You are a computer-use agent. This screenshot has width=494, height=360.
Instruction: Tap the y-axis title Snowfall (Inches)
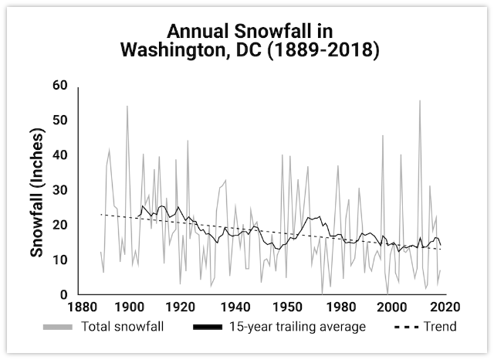pyautogui.click(x=36, y=192)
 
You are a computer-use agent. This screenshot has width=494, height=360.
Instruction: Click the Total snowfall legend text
pyautogui.click(x=122, y=327)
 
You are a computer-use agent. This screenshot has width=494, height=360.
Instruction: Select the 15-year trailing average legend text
pyautogui.click(x=297, y=327)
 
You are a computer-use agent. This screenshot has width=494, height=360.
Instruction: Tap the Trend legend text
pyautogui.click(x=439, y=327)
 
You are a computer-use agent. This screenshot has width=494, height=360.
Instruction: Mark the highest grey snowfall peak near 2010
pyautogui.click(x=420, y=100)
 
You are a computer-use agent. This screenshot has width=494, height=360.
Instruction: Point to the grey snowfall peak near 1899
pyautogui.click(x=127, y=106)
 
